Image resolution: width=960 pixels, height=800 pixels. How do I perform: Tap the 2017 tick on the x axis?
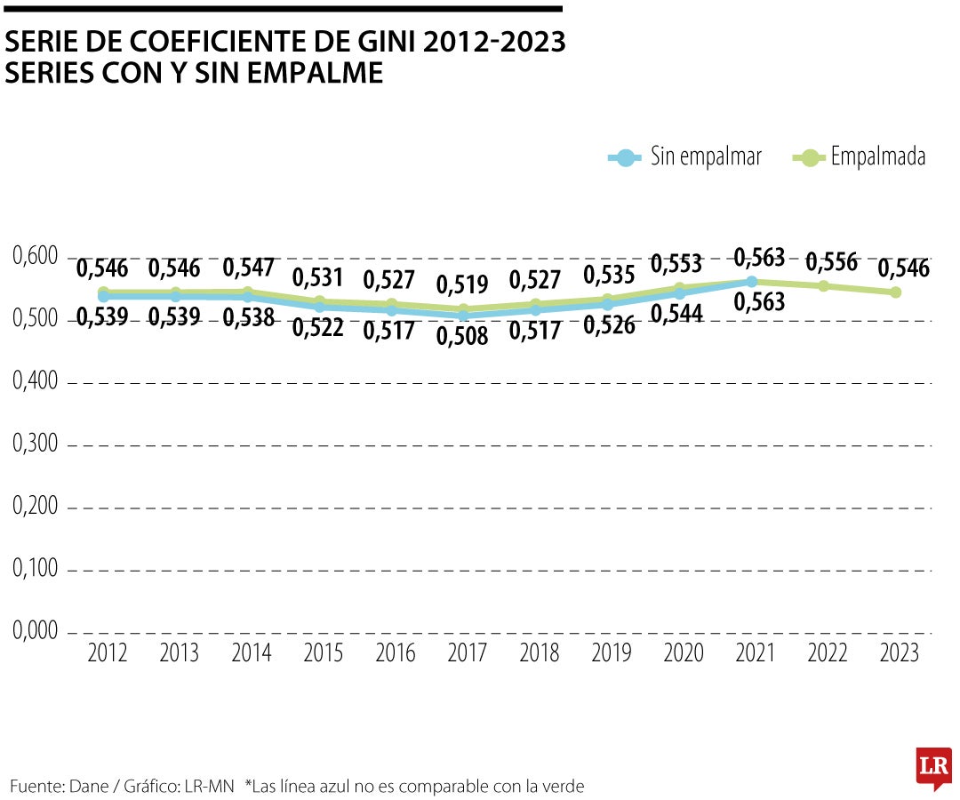coord(468,653)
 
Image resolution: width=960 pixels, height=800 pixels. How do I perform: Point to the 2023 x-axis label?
coord(899,653)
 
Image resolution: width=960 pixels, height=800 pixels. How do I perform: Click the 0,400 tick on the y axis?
coord(36,382)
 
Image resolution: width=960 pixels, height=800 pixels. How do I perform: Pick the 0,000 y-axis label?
coord(36,631)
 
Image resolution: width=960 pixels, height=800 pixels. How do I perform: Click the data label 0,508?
coord(462,337)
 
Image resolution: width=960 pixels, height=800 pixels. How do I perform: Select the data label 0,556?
coord(832,262)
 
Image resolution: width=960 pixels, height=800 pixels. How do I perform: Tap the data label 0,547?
coord(250,268)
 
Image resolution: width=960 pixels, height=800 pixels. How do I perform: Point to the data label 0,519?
coord(462,285)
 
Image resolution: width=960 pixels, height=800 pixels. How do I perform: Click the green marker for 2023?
coord(896,292)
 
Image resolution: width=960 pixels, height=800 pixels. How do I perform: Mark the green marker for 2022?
coord(824,286)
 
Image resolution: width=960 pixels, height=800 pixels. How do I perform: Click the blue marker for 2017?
coord(463,316)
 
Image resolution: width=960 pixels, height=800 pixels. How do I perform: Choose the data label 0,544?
coord(676,314)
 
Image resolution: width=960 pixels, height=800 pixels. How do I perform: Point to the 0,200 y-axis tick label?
coord(36,507)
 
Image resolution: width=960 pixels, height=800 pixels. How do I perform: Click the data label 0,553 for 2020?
coord(676,264)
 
